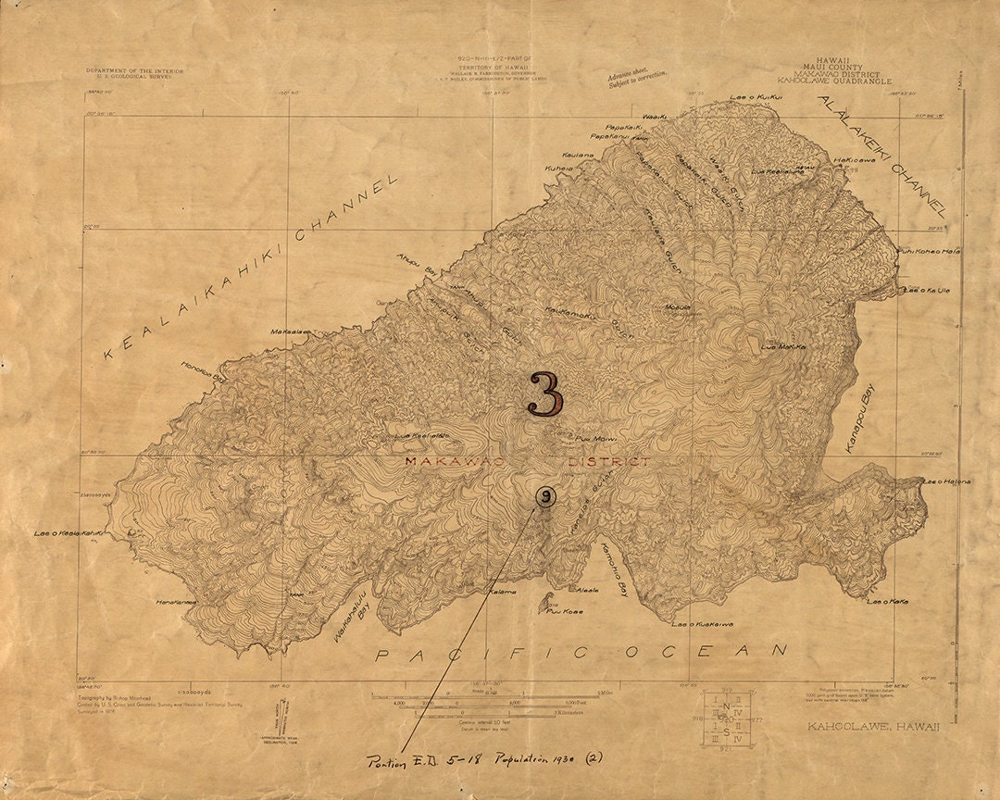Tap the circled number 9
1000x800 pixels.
[x=546, y=497]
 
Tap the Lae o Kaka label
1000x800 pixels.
[x=887, y=602]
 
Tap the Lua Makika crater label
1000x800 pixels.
[x=783, y=347]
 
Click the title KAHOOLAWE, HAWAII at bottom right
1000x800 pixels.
[x=873, y=726]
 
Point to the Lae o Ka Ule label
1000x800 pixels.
[x=927, y=290]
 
